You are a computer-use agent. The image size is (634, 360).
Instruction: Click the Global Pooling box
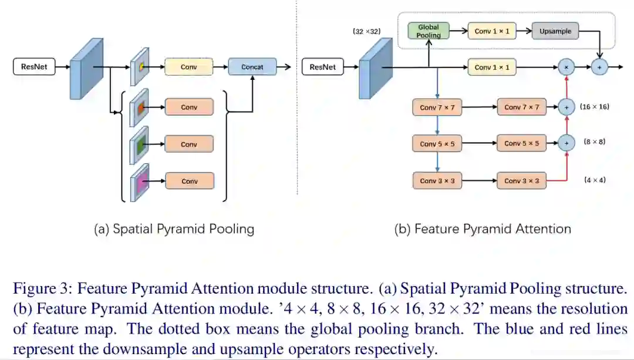click(x=429, y=31)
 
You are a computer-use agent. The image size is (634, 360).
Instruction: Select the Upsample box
click(x=555, y=31)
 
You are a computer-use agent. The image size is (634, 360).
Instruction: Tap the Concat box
click(x=252, y=67)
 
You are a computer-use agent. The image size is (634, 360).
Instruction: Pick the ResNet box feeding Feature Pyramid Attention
click(x=322, y=67)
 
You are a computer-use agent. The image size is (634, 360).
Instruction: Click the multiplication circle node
click(x=566, y=68)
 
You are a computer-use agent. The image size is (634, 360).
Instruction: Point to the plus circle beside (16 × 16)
click(x=566, y=107)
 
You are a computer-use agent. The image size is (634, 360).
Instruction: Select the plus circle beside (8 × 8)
click(x=566, y=143)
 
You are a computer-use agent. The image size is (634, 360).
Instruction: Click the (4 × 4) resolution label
click(x=595, y=180)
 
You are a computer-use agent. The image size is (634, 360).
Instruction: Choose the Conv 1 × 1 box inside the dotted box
click(x=492, y=31)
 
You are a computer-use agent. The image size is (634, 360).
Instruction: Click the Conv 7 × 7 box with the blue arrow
click(x=437, y=107)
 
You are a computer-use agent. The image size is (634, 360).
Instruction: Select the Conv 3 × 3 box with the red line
click(x=521, y=181)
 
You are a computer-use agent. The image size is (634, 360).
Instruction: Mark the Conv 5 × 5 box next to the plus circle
click(x=521, y=143)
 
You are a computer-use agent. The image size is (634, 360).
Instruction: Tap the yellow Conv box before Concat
click(x=188, y=67)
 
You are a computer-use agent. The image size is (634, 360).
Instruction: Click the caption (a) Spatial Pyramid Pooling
click(x=174, y=229)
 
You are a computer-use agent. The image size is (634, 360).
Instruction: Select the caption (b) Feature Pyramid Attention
click(x=483, y=229)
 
